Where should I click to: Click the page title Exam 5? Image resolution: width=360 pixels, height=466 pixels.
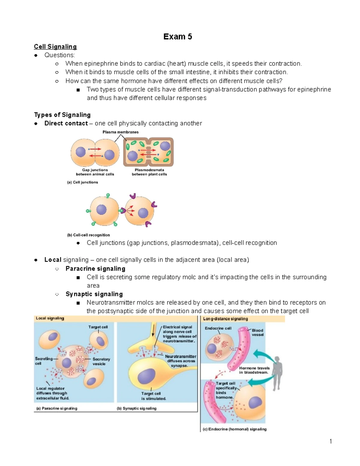tap(178, 37)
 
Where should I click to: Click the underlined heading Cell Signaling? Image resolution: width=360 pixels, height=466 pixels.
tap(55, 47)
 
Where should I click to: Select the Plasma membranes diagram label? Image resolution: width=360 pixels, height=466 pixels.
tap(121, 132)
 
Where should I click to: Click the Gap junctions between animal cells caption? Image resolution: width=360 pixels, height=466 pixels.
tap(95, 172)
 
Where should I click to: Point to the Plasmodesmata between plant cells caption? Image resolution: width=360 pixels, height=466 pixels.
tap(149, 172)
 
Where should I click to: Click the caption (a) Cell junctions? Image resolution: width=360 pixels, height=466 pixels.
tap(82, 182)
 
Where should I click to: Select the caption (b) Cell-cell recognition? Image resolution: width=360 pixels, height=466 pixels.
tap(88, 235)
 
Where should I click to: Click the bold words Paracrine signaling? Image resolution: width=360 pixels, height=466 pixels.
tap(95, 269)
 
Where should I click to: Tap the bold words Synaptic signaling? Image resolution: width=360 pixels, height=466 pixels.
tap(94, 294)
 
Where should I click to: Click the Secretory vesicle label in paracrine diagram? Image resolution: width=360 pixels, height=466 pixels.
tap(101, 361)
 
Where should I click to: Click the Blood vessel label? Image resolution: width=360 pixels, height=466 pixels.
tap(257, 332)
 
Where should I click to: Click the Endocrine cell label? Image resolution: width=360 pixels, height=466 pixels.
tap(218, 328)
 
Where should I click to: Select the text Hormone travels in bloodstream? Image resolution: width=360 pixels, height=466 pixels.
tap(254, 370)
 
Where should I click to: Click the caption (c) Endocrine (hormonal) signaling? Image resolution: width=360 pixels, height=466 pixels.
tap(235, 429)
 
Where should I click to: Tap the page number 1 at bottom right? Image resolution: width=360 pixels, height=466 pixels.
tap(331, 441)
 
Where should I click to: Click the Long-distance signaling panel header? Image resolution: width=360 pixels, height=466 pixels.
tap(226, 319)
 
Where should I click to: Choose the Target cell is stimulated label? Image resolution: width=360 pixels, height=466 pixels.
tap(154, 396)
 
